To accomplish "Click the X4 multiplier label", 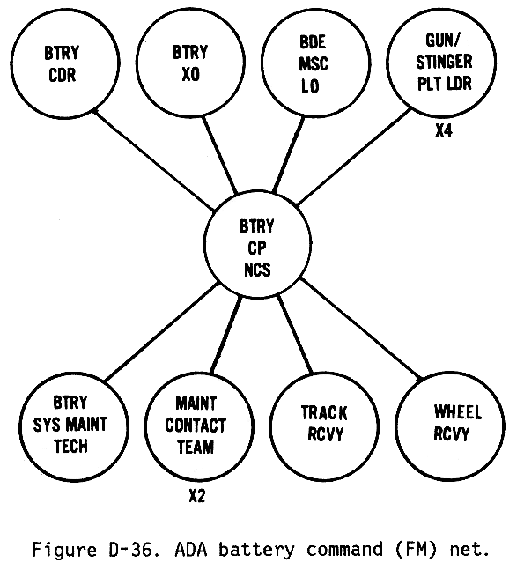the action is tap(444, 130).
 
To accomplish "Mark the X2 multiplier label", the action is tap(197, 495).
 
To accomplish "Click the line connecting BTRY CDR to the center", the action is tap(154, 160).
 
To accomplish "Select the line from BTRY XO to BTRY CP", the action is tap(219, 154).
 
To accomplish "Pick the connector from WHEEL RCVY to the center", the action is tap(361, 329).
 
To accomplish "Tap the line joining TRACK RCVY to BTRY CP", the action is tap(295, 335).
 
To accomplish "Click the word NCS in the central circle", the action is tap(258, 270).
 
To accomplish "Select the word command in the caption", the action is tap(343, 549).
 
